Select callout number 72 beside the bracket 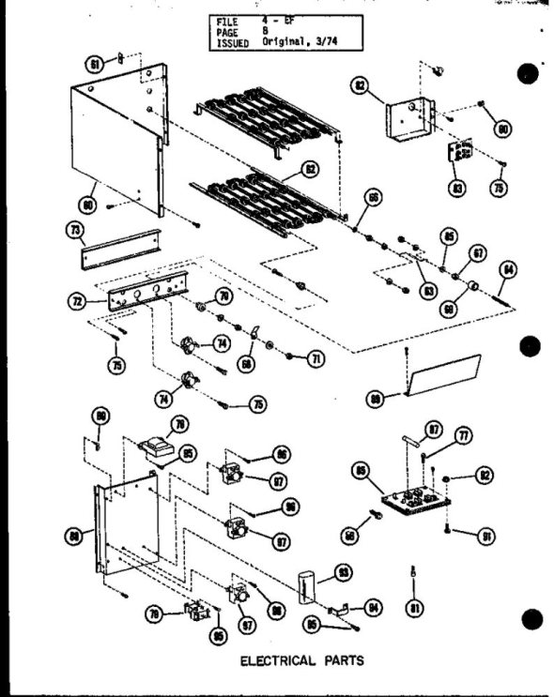[x=77, y=302]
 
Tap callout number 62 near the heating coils [x=310, y=170]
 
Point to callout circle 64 [x=507, y=270]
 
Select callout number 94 [x=376, y=609]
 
